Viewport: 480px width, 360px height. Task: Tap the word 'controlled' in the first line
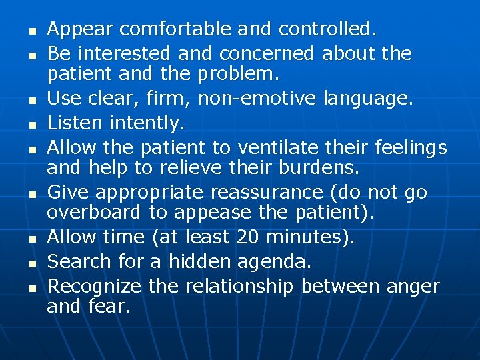[326, 29]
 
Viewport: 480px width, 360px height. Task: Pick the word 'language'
[367, 99]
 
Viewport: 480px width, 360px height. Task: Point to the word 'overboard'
[94, 212]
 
